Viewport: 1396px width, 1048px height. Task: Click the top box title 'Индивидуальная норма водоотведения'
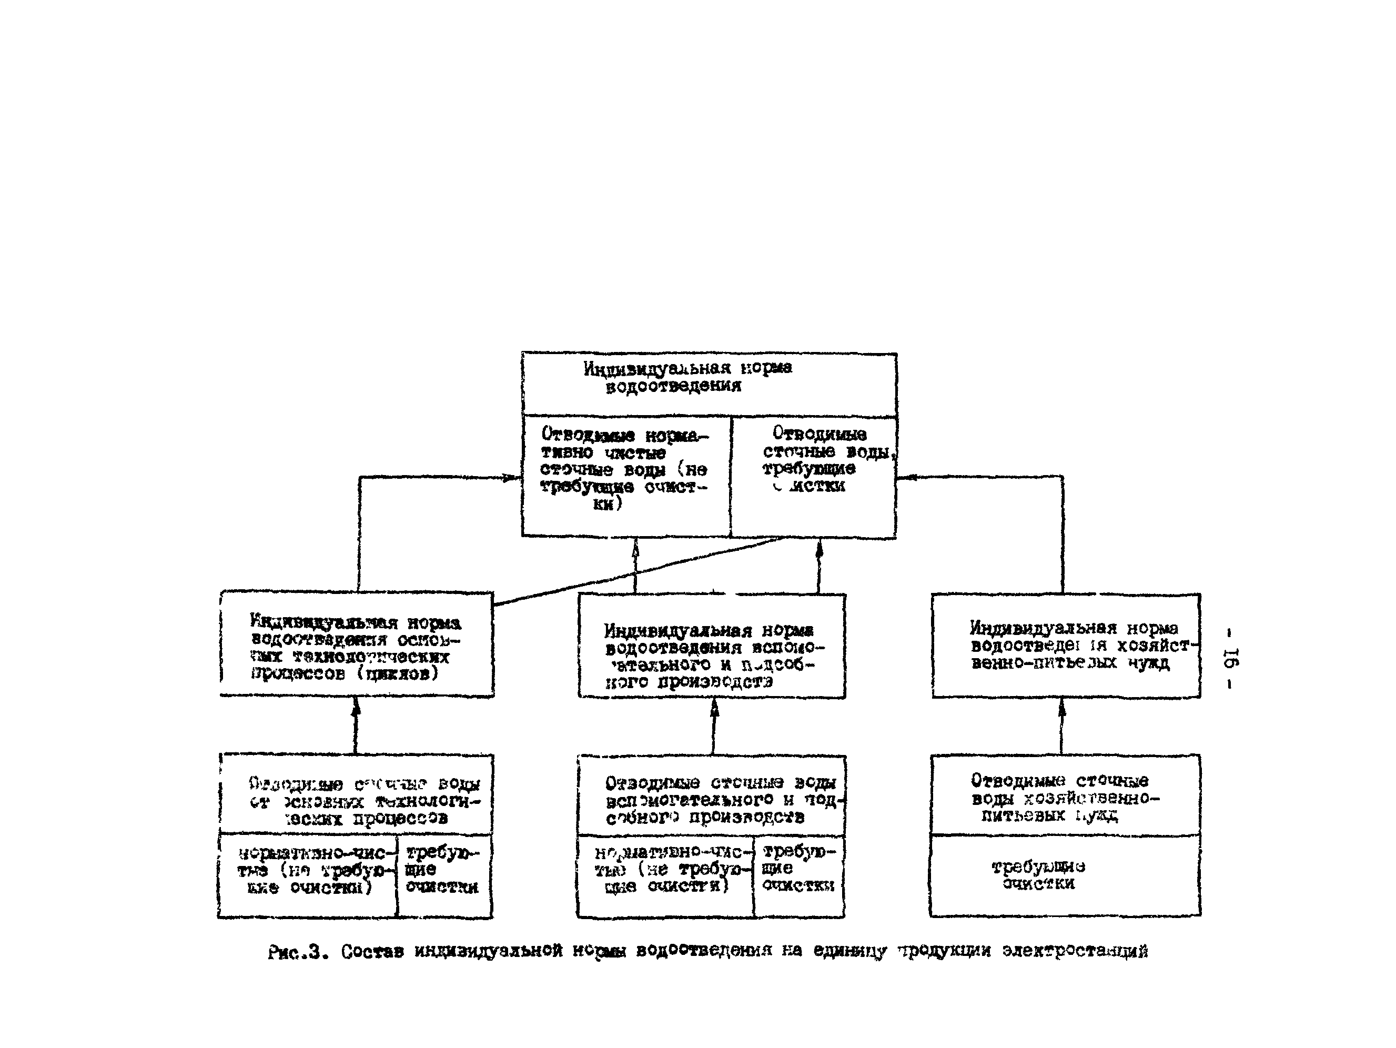(x=688, y=377)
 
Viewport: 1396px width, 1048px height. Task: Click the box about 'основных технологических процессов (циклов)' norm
(x=357, y=647)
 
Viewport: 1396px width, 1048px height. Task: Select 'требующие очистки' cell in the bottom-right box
(x=1038, y=874)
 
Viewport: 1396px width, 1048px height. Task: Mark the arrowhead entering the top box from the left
(x=512, y=478)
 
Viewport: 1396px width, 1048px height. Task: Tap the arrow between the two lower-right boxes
(x=1062, y=726)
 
